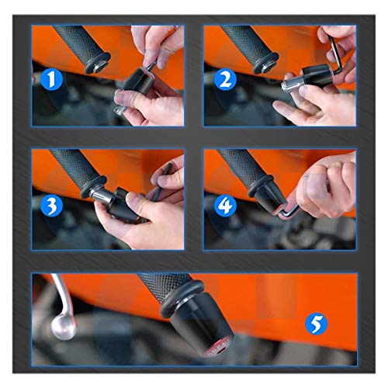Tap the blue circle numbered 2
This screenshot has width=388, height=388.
[x=226, y=79]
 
